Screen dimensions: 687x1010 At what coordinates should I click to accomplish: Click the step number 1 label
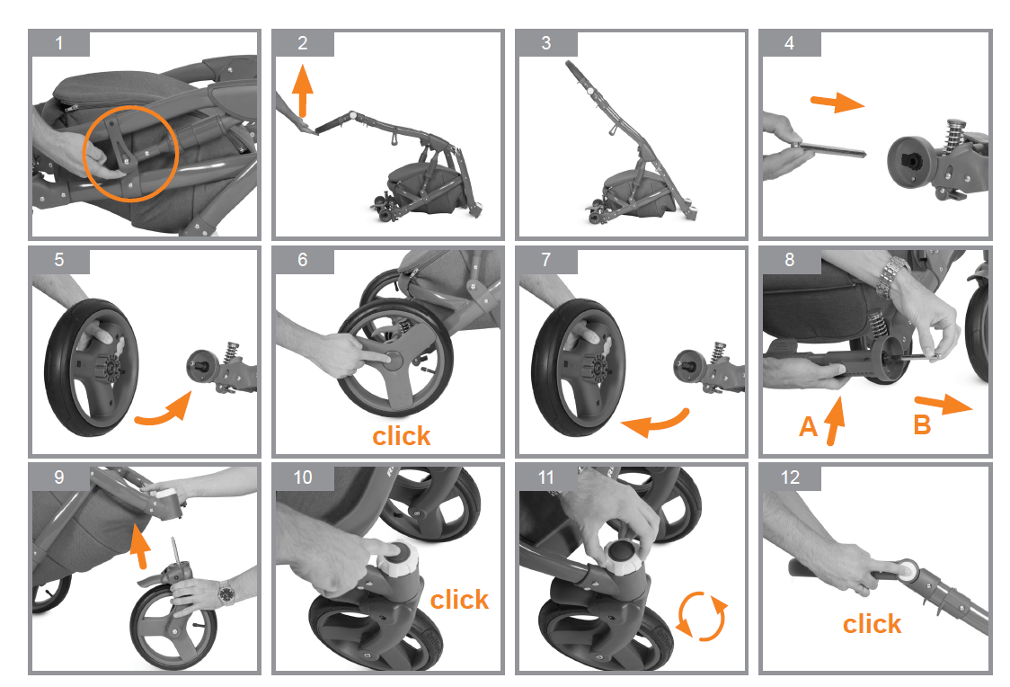click(59, 43)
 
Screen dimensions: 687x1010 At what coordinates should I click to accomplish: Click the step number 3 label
click(546, 43)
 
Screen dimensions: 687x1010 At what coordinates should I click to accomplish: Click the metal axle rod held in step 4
click(827, 147)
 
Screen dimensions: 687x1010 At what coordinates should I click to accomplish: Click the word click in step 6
click(402, 436)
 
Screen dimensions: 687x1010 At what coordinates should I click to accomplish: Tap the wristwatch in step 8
click(893, 272)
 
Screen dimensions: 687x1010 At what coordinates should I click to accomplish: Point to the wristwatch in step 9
click(226, 594)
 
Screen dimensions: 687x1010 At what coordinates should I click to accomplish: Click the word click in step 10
click(459, 599)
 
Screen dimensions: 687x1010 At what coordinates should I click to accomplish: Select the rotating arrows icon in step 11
click(701, 615)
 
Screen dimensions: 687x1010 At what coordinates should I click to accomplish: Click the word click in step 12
click(872, 623)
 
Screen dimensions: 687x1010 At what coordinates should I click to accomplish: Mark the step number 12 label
click(791, 477)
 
